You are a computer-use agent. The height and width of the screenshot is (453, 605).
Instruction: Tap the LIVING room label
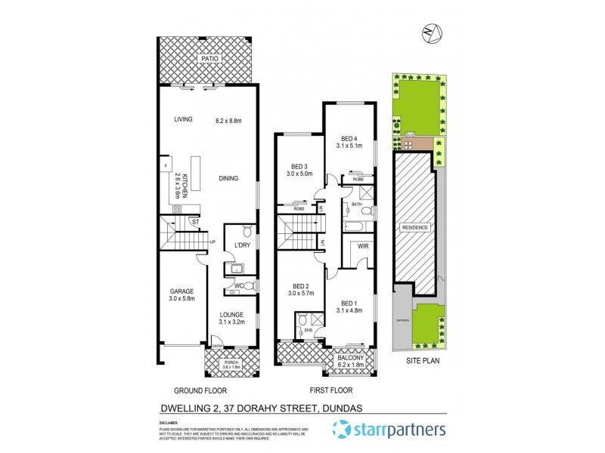click(183, 119)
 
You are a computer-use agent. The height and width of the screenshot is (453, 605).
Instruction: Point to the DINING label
click(228, 179)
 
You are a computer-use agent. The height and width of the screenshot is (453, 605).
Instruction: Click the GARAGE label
click(181, 291)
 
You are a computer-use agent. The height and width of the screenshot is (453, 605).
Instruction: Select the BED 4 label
click(349, 138)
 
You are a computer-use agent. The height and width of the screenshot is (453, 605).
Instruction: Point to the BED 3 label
click(300, 167)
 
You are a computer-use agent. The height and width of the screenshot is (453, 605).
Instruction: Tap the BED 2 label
click(300, 286)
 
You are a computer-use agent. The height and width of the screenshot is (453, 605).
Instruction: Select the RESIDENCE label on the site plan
click(414, 227)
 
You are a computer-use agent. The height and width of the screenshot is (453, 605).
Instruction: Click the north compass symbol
click(432, 32)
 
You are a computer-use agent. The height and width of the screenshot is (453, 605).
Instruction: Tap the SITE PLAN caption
click(423, 361)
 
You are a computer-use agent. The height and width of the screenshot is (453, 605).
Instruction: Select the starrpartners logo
click(389, 431)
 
